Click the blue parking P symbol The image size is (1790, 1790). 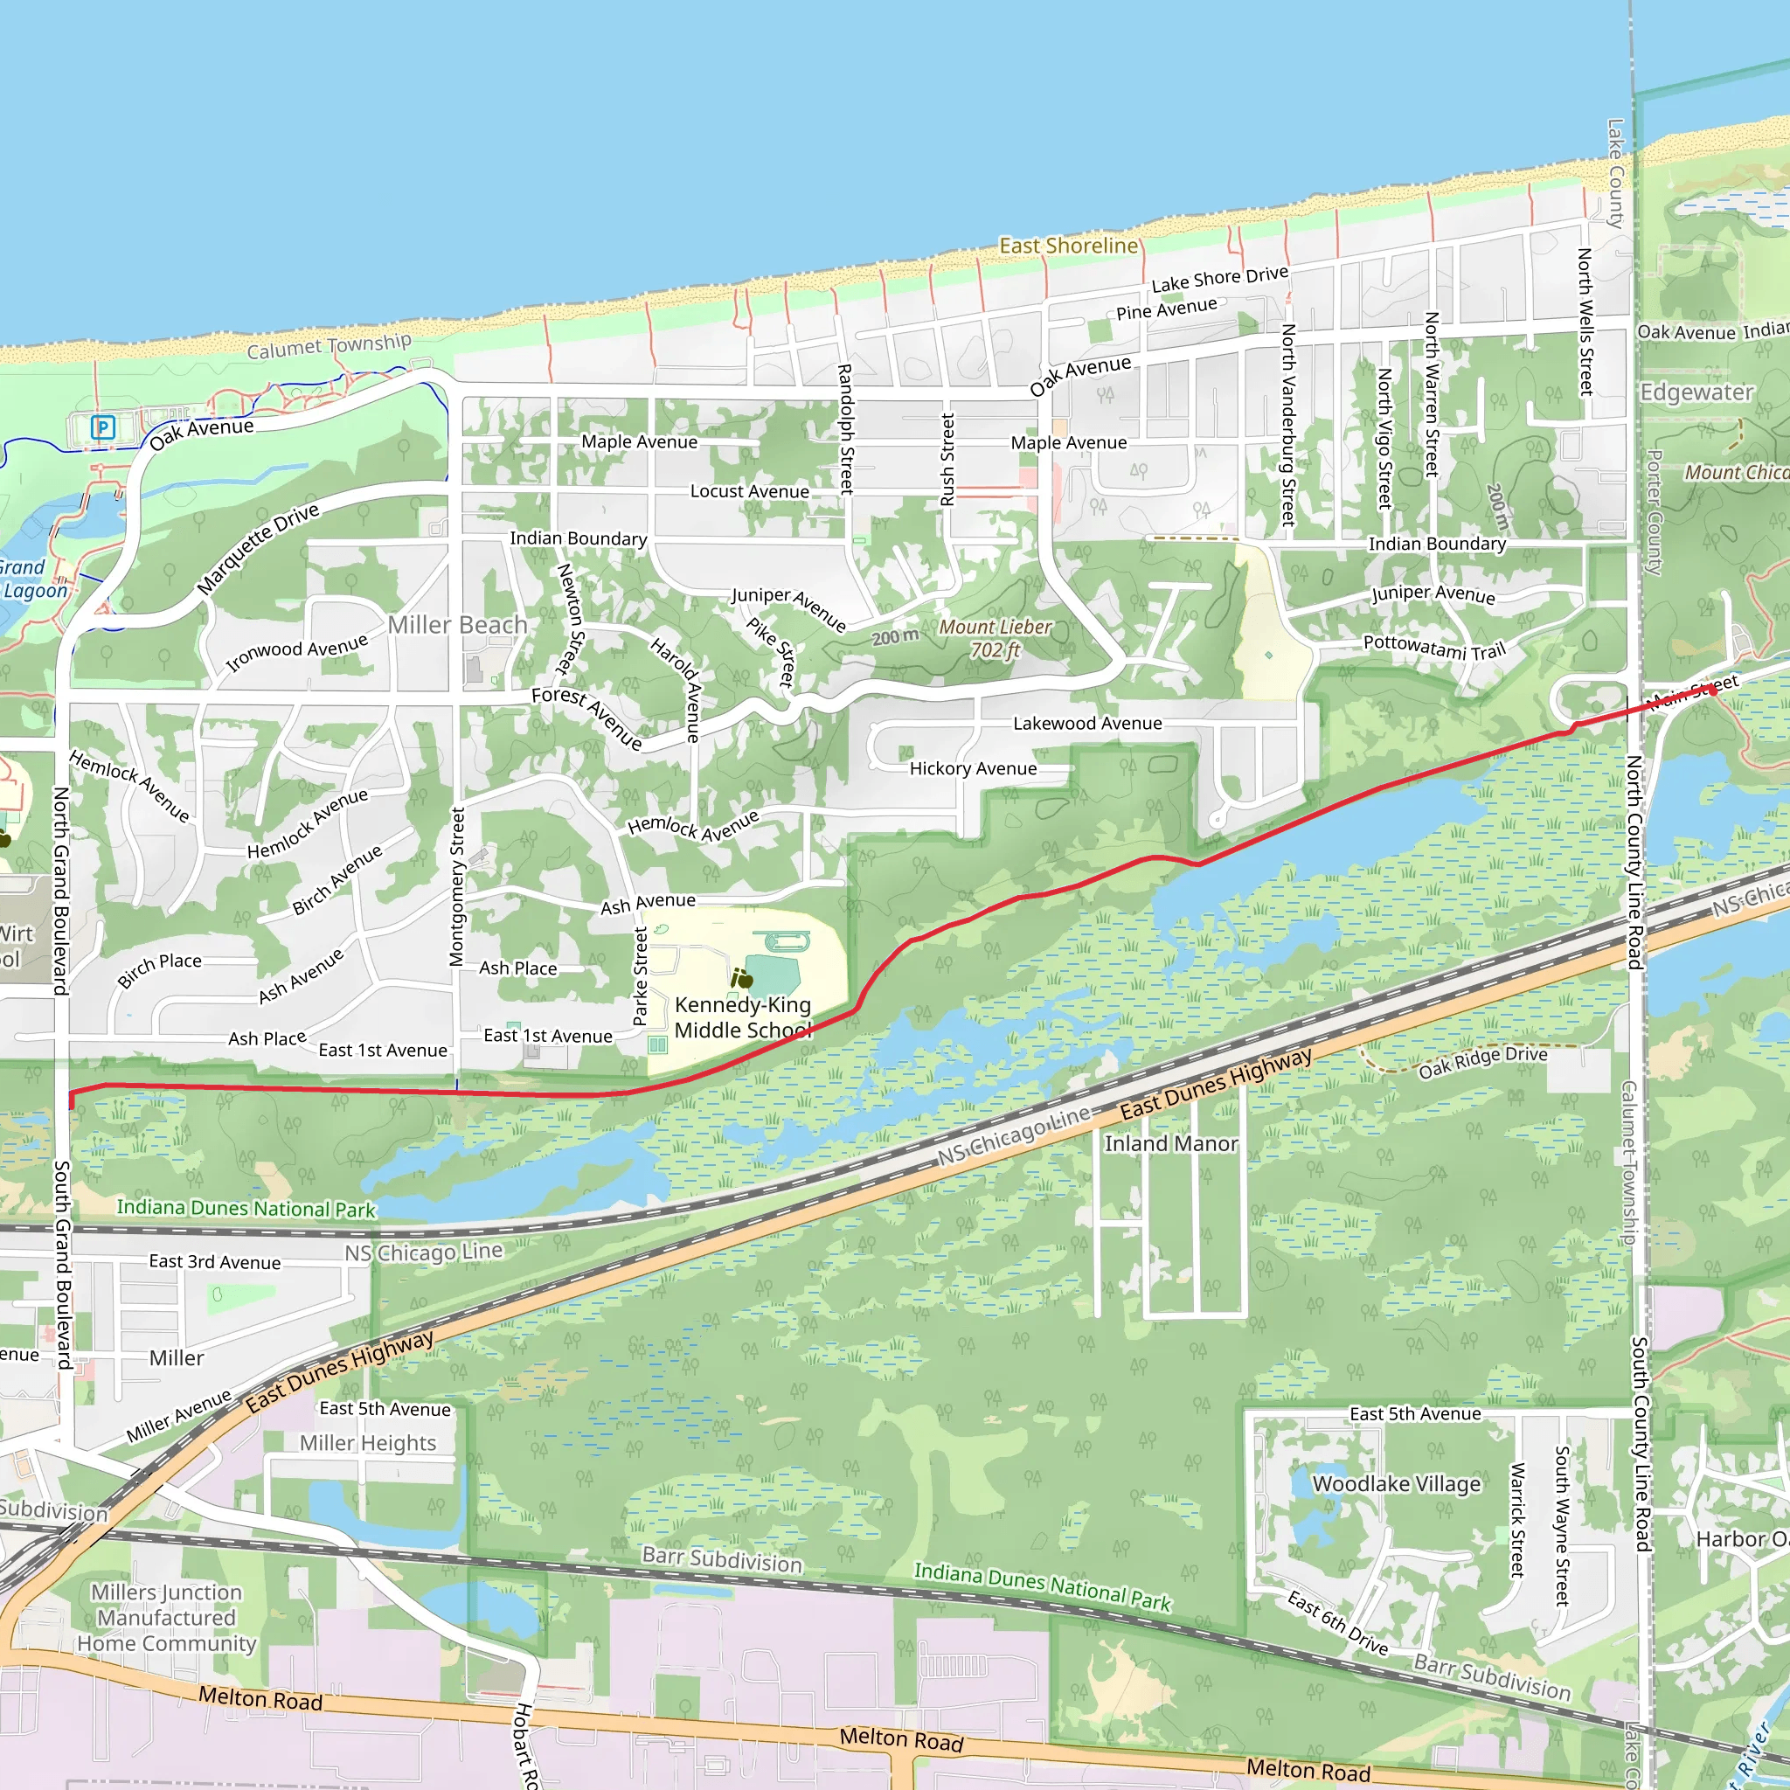pyautogui.click(x=103, y=427)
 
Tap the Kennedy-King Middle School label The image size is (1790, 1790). pyautogui.click(x=742, y=1017)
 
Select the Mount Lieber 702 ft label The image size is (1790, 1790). pyautogui.click(x=995, y=638)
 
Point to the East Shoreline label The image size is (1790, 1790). pyautogui.click(x=1068, y=246)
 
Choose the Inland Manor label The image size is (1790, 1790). pyautogui.click(x=1171, y=1143)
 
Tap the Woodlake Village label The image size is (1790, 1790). pyautogui.click(x=1396, y=1483)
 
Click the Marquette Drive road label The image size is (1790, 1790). pyautogui.click(x=258, y=549)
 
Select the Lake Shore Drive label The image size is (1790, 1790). pyautogui.click(x=1219, y=278)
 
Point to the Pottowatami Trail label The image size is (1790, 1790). pyautogui.click(x=1434, y=647)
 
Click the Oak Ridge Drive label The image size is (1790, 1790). pyautogui.click(x=1482, y=1061)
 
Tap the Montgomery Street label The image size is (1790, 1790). pyautogui.click(x=456, y=886)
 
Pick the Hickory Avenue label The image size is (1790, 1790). pyautogui.click(x=973, y=768)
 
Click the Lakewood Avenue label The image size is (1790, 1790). pyautogui.click(x=1086, y=723)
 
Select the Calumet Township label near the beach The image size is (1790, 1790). pyautogui.click(x=329, y=346)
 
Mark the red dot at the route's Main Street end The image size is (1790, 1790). pyautogui.click(x=1712, y=690)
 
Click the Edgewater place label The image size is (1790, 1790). pyautogui.click(x=1696, y=392)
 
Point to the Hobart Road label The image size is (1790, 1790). pyautogui.click(x=525, y=1745)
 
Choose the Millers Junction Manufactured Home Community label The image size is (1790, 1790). pyautogui.click(x=167, y=1618)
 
